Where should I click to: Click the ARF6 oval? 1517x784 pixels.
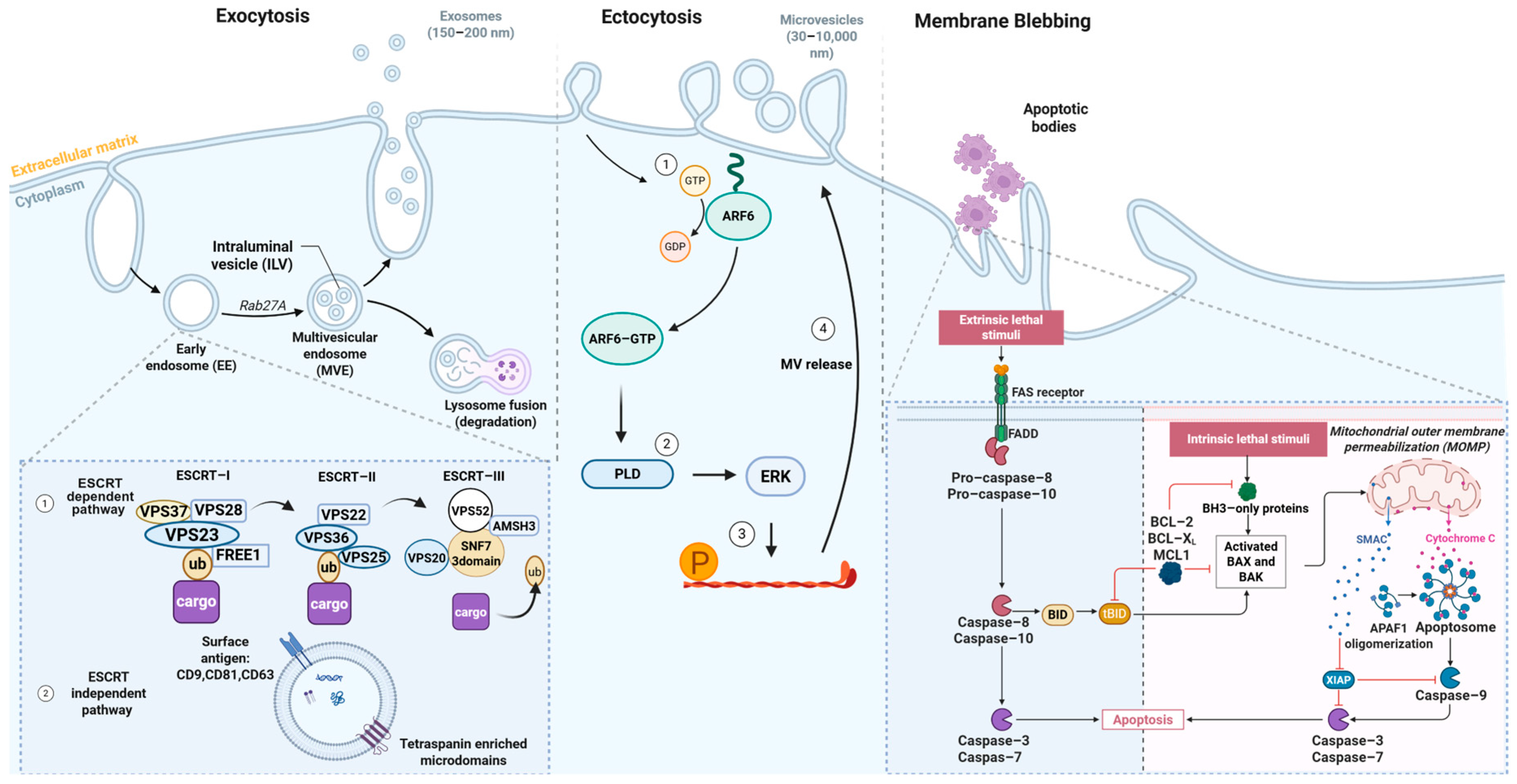tap(738, 216)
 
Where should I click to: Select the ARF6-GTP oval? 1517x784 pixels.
tap(622, 339)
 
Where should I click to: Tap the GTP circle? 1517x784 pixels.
tap(695, 181)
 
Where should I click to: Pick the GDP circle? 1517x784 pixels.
tap(675, 246)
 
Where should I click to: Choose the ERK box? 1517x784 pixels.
tap(775, 476)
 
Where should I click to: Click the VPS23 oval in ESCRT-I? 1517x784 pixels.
tap(192, 535)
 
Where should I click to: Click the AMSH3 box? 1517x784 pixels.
tap(514, 526)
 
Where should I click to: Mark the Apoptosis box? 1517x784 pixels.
tap(1142, 720)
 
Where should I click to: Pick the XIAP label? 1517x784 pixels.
tap(1338, 680)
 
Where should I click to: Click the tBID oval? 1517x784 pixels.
tap(1114, 614)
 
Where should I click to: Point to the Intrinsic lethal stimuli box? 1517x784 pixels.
tap(1248, 439)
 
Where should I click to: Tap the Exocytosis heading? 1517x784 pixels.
tap(263, 16)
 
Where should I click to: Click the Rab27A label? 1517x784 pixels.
tap(262, 305)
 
